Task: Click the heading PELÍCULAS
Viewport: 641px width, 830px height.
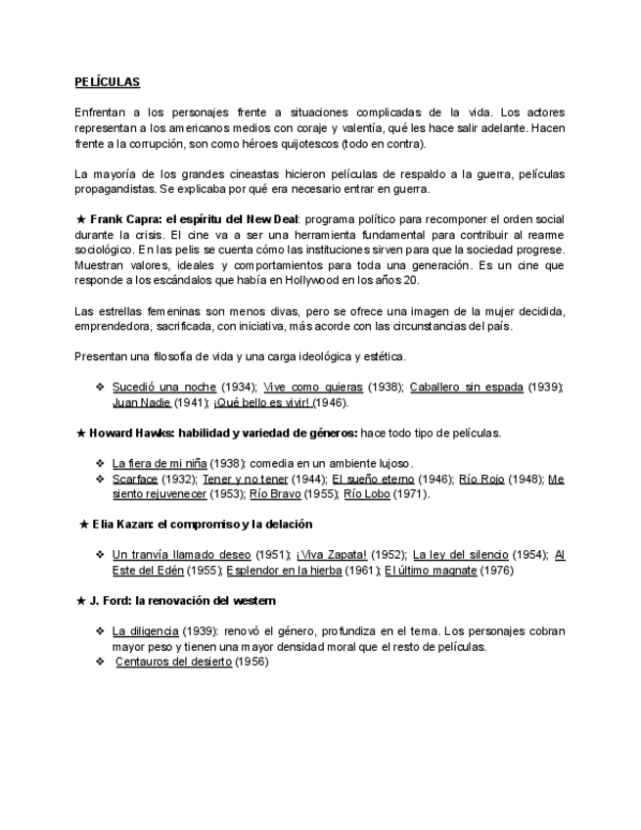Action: click(108, 82)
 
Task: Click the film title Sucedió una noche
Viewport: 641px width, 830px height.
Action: click(163, 387)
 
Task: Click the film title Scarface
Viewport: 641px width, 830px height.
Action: click(138, 479)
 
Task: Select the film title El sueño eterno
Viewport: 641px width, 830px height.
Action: click(374, 479)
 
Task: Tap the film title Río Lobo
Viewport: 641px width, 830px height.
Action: click(371, 494)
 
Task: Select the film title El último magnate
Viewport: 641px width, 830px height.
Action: click(431, 570)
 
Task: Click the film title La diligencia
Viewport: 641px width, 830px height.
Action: click(145, 631)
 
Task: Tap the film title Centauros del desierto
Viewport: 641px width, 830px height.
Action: click(173, 662)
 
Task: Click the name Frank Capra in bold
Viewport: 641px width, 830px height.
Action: click(125, 218)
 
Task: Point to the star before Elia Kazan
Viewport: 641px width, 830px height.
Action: click(84, 525)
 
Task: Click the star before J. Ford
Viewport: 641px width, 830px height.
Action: click(81, 600)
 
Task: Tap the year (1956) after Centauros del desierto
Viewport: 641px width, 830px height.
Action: click(252, 662)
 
